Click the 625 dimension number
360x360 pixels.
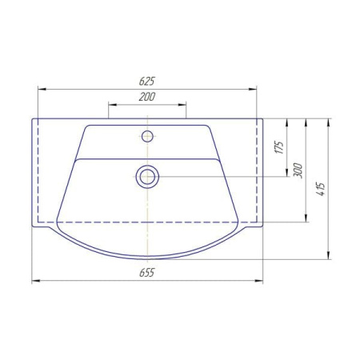point(147,81)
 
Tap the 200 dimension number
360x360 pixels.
point(147,97)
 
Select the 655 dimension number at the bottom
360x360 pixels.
point(147,273)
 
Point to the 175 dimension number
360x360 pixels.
point(279,147)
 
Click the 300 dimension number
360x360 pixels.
point(298,170)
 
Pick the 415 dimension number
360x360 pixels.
point(321,189)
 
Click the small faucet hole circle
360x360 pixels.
point(147,136)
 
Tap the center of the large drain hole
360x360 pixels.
point(147,177)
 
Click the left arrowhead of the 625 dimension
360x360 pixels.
point(42,89)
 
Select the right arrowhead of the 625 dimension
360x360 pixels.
point(253,89)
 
